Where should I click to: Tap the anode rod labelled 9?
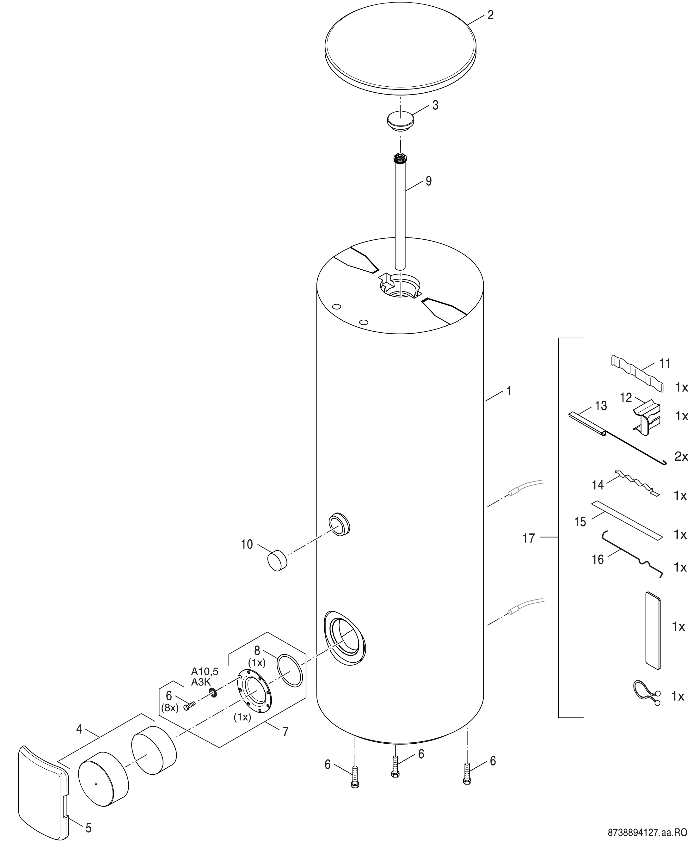click(400, 212)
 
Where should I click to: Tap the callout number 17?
click(529, 538)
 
